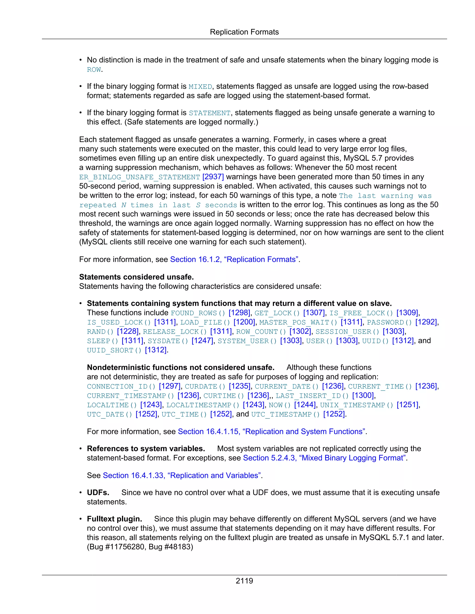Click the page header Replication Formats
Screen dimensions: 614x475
244,32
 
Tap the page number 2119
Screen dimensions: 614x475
244,581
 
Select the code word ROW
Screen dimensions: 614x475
94,70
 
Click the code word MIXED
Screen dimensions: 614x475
200,87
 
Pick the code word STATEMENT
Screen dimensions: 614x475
210,113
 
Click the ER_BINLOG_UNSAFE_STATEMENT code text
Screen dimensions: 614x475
140,177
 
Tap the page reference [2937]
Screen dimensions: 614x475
213,177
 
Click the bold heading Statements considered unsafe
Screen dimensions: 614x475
136,277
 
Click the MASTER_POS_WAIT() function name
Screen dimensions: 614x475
298,322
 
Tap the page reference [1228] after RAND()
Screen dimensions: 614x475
128,332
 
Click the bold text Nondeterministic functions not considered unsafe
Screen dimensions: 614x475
180,367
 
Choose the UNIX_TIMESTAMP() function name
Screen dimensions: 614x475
356,405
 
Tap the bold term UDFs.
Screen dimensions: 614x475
98,492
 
